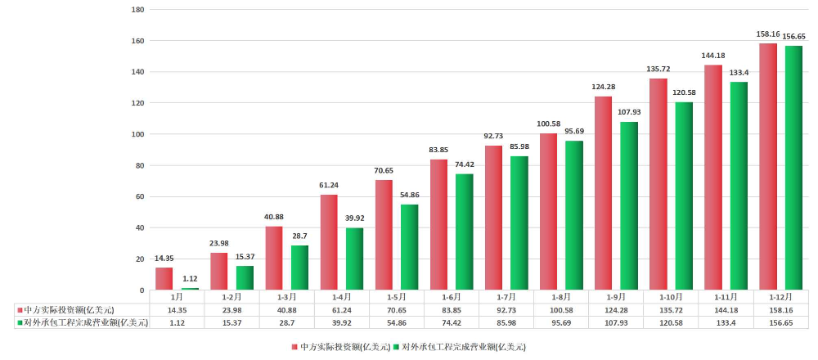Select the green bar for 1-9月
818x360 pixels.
[x=629, y=206]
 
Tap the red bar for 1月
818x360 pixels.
[x=164, y=278]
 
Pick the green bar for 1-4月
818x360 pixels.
[x=354, y=259]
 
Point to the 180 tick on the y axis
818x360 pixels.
[x=137, y=10]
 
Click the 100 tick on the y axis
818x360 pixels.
[x=137, y=134]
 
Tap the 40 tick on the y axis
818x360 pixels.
[x=139, y=228]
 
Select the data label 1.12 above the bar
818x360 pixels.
[x=190, y=279]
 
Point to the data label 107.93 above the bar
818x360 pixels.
[x=629, y=113]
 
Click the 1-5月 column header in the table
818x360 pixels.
[x=396, y=297]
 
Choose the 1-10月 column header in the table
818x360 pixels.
[x=671, y=297]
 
